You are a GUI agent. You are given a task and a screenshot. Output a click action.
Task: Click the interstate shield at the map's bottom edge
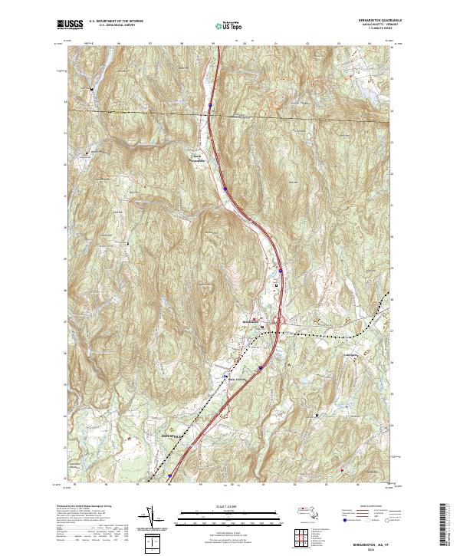coord(169,475)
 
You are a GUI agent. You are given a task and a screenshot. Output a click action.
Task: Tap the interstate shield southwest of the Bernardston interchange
coord(260,367)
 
